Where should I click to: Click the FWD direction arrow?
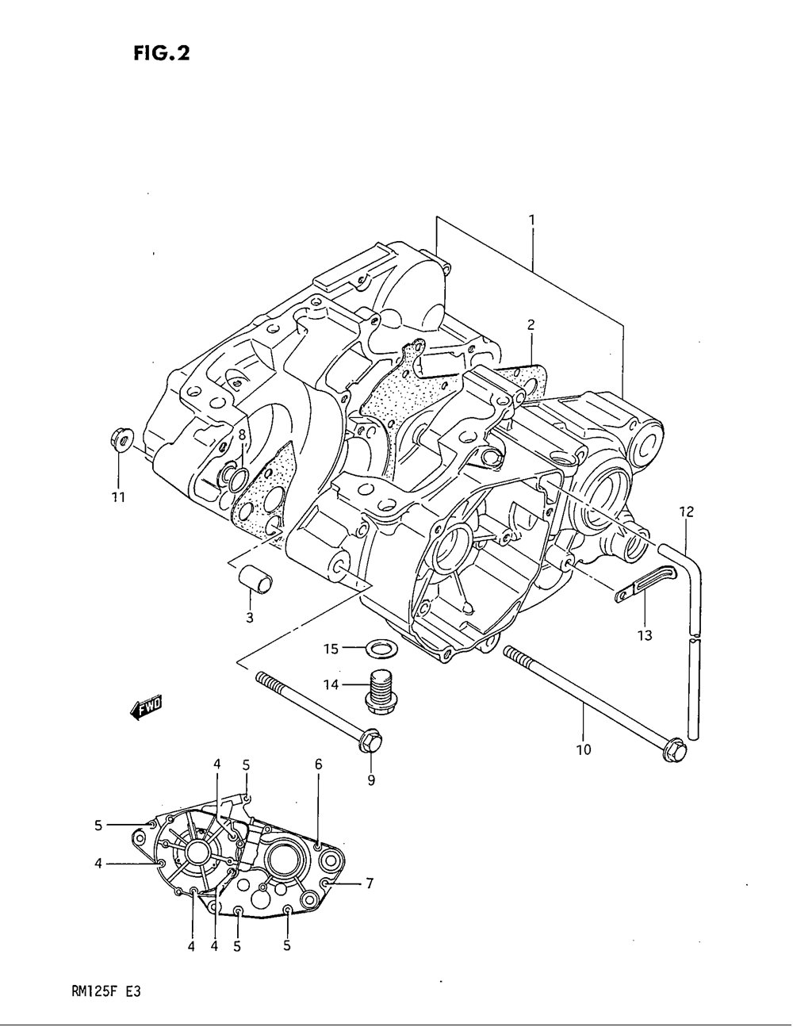point(145,707)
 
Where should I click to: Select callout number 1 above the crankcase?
point(531,219)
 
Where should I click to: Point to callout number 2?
point(531,324)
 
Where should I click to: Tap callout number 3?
point(249,618)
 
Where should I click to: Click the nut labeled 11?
point(120,439)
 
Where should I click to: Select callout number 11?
point(117,497)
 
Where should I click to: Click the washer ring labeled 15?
point(381,649)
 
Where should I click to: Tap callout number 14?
point(330,684)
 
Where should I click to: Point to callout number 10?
point(583,749)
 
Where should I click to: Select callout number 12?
point(686,512)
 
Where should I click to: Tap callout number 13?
point(645,634)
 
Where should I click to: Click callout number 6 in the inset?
point(318,765)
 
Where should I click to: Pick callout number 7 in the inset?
point(369,883)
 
